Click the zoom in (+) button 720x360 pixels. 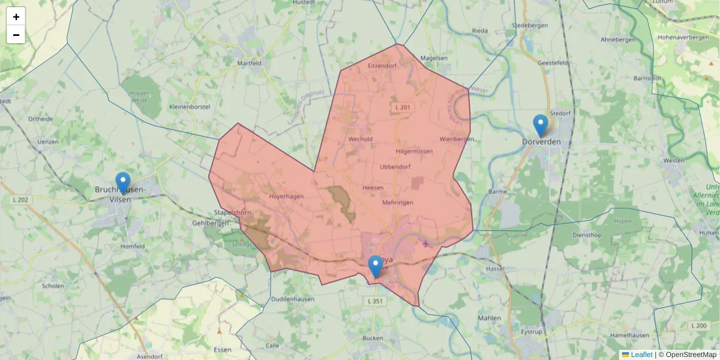coord(16,17)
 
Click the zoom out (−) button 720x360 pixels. coord(16,35)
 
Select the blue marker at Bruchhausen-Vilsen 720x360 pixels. coord(123,183)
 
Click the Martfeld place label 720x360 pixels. coord(249,62)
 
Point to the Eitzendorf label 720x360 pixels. coord(382,65)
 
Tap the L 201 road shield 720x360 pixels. coord(403,107)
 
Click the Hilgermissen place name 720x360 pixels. coord(414,151)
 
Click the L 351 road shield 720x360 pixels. coord(374,301)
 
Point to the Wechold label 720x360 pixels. coord(361,139)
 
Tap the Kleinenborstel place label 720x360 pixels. coord(190,106)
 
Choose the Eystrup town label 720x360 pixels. coord(532,331)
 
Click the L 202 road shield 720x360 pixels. coord(20,200)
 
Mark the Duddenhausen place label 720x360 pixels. coord(293,298)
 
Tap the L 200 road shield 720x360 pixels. coord(699,325)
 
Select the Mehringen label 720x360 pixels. coord(397,203)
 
